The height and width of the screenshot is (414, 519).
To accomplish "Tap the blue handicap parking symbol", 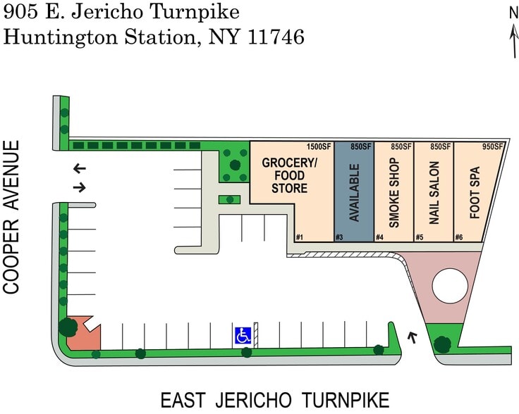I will pyautogui.click(x=243, y=336).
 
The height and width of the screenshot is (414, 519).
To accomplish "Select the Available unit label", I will pyautogui.click(x=355, y=193).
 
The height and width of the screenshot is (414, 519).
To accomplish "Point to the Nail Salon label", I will pyautogui.click(x=434, y=193).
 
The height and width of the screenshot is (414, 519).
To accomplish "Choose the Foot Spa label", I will pyautogui.click(x=474, y=193).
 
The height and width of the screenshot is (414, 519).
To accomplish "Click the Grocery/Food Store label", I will pyautogui.click(x=290, y=175).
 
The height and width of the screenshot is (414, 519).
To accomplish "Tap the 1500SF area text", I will pyautogui.click(x=319, y=147).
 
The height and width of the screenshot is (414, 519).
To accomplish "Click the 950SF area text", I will pyautogui.click(x=492, y=147).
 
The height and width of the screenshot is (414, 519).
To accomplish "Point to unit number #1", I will pyautogui.click(x=300, y=237).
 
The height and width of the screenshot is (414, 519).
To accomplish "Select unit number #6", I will pyautogui.click(x=459, y=237).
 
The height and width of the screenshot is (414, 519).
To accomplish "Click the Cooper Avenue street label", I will pyautogui.click(x=11, y=217).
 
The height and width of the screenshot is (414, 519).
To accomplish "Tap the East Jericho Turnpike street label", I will pyautogui.click(x=275, y=400).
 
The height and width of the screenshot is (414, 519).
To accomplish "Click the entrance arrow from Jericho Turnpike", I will pyautogui.click(x=413, y=337).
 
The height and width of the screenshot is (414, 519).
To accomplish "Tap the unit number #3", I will pyautogui.click(x=339, y=237).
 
